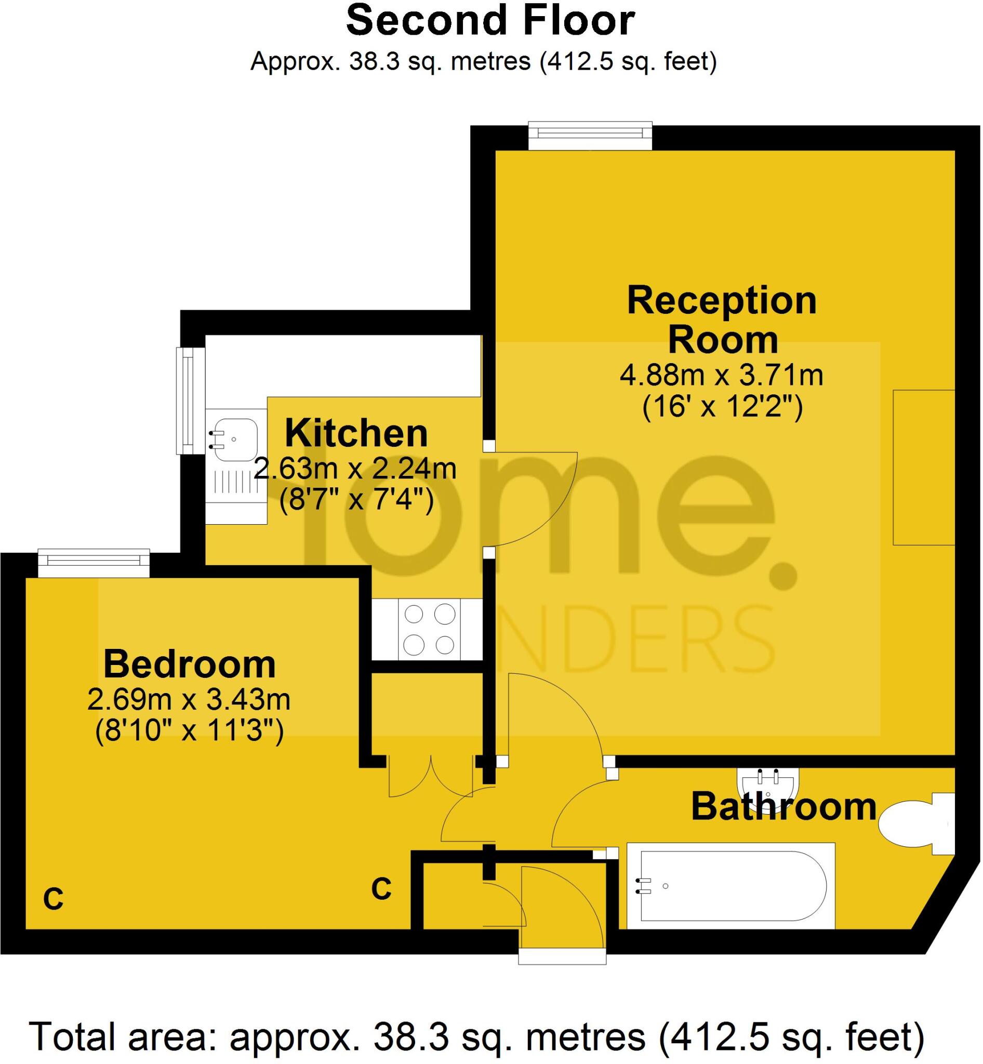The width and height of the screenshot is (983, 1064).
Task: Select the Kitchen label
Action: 356,434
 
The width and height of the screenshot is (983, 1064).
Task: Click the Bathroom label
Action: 783,807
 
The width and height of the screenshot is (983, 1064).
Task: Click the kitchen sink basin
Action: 235,440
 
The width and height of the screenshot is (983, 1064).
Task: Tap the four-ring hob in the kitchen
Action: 429,630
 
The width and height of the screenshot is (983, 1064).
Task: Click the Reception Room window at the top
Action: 590,136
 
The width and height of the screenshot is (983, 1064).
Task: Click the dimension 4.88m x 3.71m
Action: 721,376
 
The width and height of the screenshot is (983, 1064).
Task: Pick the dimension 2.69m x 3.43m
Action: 189,700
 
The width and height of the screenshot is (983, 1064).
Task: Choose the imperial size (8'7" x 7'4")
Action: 356,500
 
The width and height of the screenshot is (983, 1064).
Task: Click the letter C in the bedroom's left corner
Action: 53,899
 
